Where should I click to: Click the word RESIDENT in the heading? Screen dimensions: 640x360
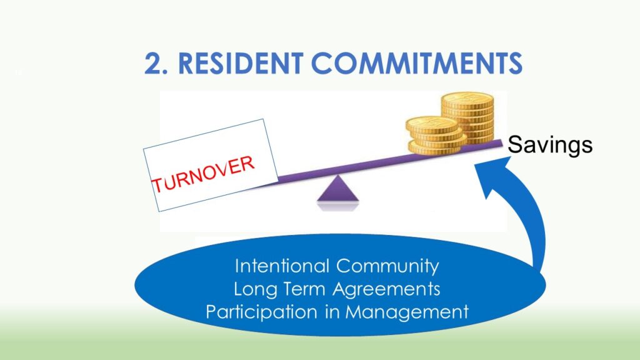click(x=241, y=64)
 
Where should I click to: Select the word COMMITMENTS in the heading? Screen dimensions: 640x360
click(x=416, y=64)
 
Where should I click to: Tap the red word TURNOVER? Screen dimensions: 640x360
click(x=203, y=174)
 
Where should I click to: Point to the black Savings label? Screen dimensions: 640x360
click(x=550, y=145)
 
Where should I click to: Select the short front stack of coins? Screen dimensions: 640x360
click(x=436, y=136)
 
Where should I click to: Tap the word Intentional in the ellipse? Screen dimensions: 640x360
click(x=282, y=266)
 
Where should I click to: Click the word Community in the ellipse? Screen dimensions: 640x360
click(x=387, y=266)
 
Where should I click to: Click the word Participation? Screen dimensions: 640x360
click(x=262, y=312)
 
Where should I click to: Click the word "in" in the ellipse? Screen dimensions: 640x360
click(x=331, y=312)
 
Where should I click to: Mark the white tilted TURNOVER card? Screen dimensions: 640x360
click(x=211, y=165)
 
